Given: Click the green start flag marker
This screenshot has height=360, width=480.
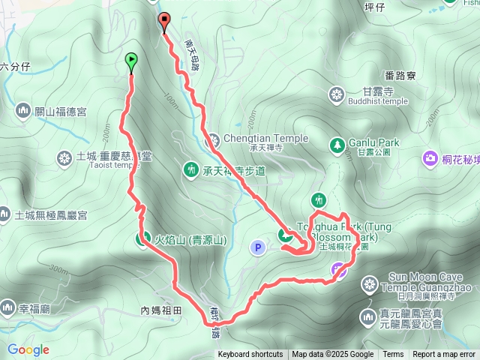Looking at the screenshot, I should click(131, 59).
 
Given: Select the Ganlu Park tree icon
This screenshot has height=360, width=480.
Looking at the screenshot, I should click(337, 142).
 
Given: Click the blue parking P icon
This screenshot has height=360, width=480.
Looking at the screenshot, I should click(258, 246).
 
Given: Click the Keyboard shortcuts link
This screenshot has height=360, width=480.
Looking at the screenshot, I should click(250, 355).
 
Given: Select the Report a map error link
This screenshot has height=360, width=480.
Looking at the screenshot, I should click(444, 355).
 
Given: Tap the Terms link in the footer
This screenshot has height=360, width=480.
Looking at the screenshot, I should click(393, 355).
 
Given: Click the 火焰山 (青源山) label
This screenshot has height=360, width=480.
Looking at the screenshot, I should click(190, 240).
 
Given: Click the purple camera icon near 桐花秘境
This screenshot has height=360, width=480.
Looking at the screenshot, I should click(430, 157).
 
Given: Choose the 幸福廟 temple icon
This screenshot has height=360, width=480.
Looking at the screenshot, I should click(8, 307).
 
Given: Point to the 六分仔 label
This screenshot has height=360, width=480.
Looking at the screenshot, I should click(15, 66).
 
